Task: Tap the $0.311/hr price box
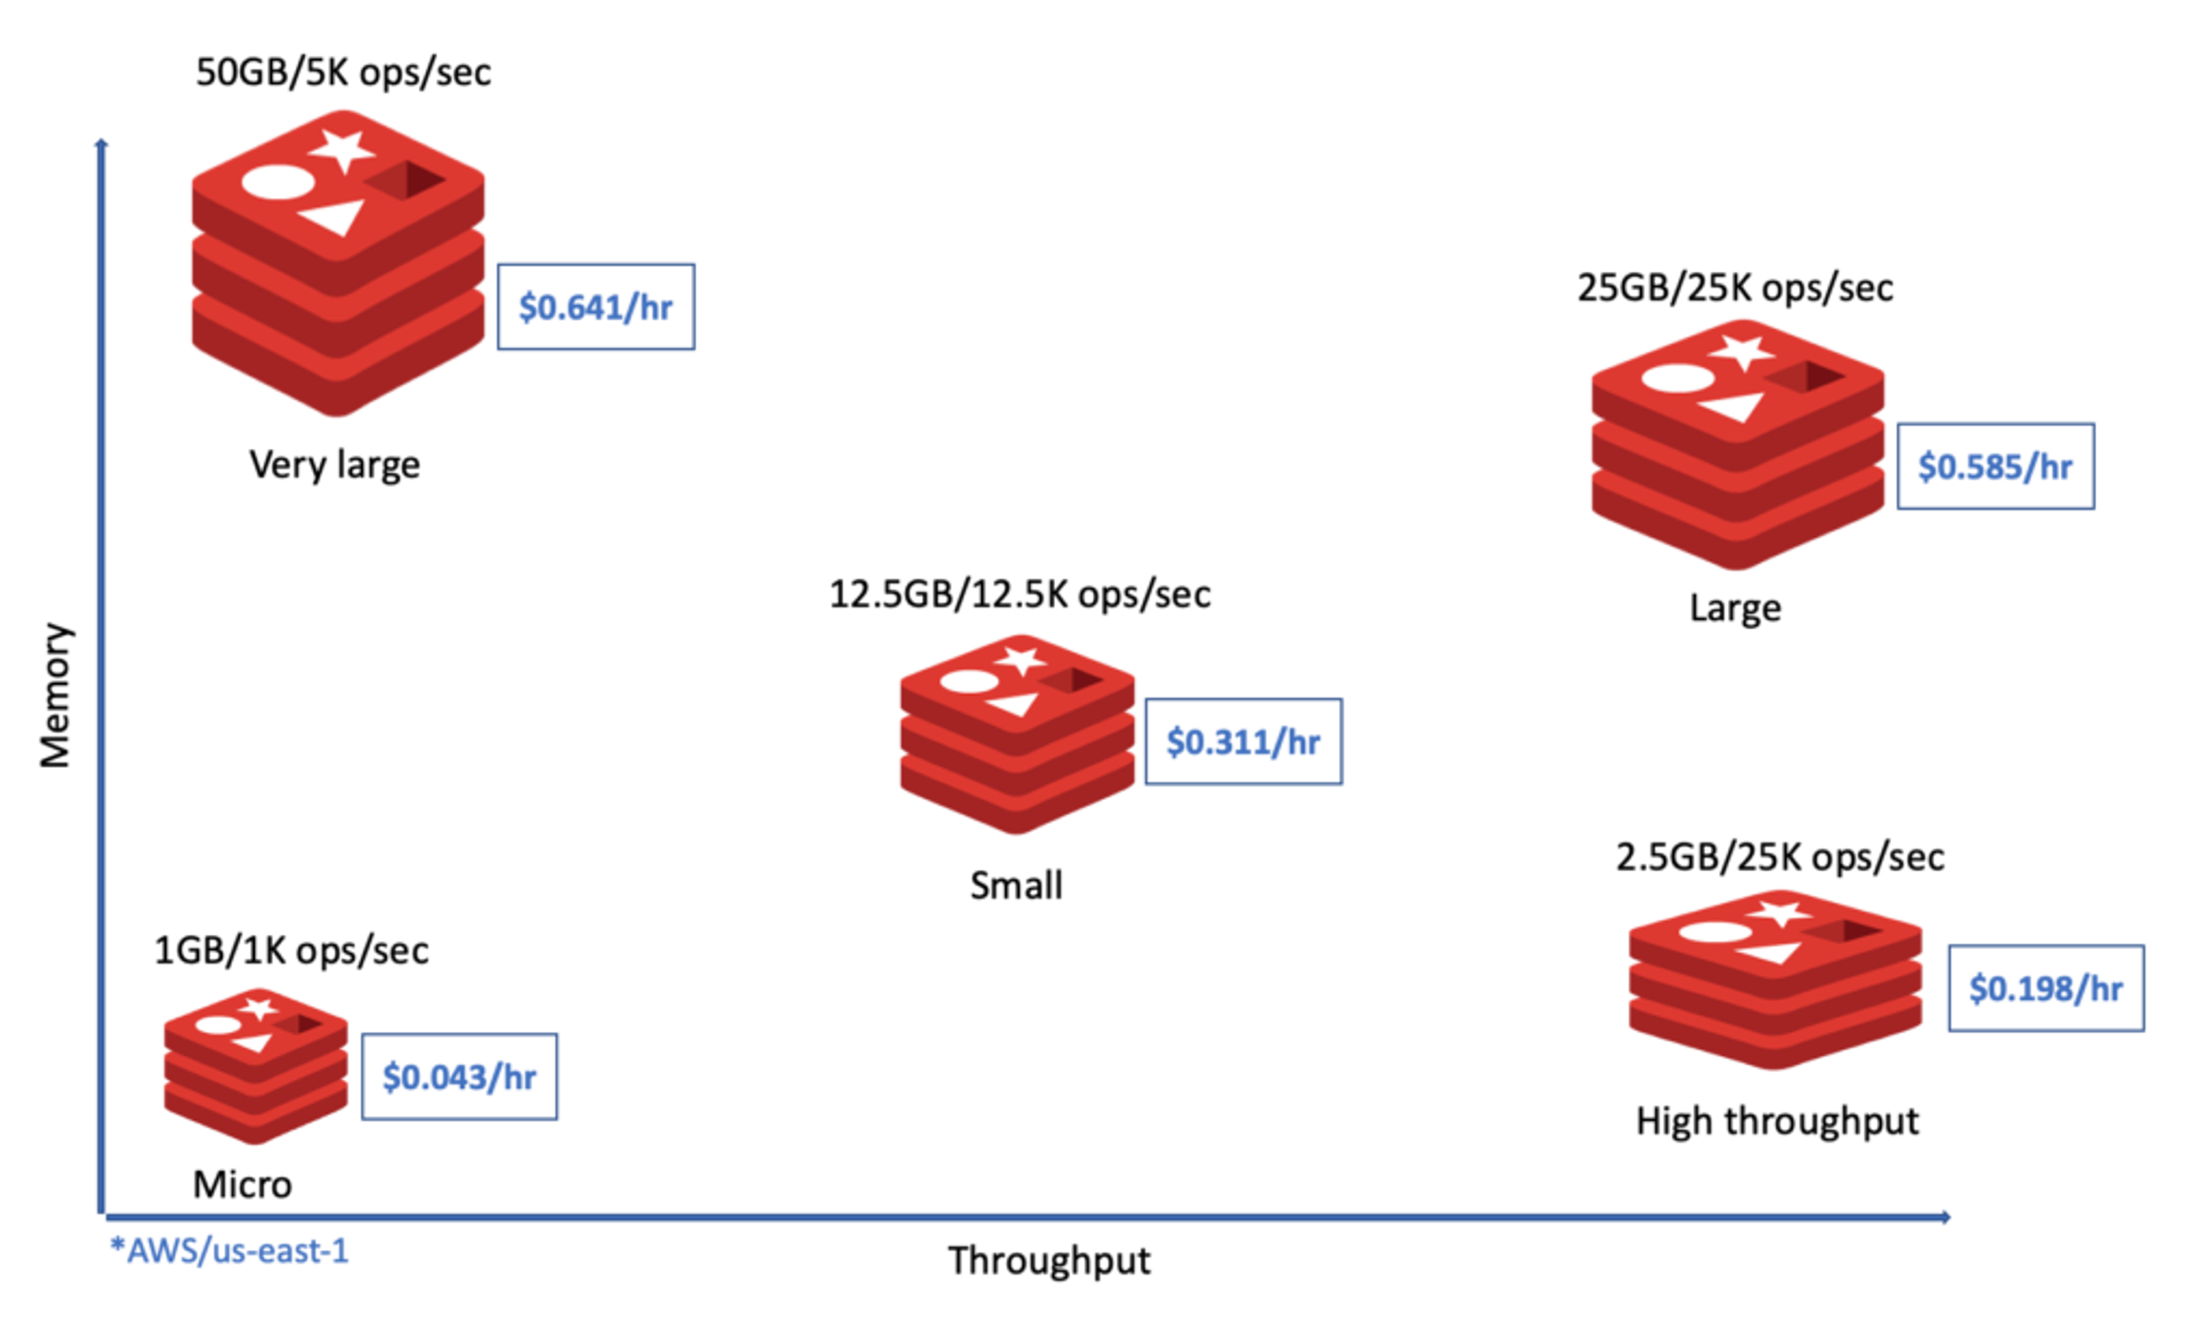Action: point(1244,742)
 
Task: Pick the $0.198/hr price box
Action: point(2047,988)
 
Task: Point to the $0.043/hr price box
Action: point(460,1076)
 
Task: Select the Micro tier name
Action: point(243,1184)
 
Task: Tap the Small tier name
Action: point(1017,885)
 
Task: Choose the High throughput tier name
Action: point(1777,1121)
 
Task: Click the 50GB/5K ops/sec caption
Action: point(344,71)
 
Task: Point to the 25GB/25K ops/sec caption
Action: point(1735,288)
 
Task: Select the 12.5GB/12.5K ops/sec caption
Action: point(1020,594)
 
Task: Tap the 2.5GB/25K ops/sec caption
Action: point(1780,857)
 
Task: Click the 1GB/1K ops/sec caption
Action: point(291,950)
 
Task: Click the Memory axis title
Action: point(55,695)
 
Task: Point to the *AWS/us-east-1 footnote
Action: point(229,1250)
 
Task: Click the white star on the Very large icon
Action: point(341,150)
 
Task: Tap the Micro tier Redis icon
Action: point(256,1066)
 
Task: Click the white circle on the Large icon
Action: point(1678,378)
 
